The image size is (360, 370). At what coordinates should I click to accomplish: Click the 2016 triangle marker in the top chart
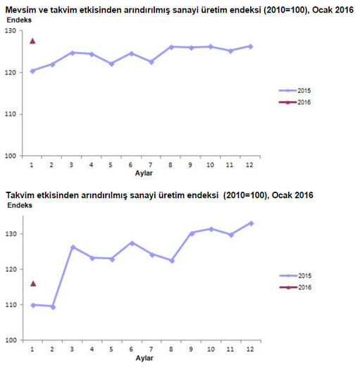point(32,41)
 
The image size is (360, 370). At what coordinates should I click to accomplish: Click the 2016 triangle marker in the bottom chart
point(33,283)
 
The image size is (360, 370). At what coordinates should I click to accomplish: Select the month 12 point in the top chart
point(251,47)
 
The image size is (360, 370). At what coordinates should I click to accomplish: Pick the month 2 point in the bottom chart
point(53,307)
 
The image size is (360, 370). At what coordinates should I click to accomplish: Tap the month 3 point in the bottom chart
point(73,247)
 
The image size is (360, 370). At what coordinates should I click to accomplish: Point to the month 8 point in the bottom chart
point(172,261)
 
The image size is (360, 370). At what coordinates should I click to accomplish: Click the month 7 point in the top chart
point(151,62)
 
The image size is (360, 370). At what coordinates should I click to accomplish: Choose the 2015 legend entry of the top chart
point(294,91)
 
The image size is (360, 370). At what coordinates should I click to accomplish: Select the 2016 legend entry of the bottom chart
point(295,288)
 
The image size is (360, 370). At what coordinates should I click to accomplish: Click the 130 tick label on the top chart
point(11,31)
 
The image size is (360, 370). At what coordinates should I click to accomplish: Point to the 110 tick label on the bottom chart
point(11,304)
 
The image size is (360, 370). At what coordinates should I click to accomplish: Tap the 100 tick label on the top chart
point(11,156)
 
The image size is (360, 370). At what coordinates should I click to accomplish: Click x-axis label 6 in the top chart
point(130,165)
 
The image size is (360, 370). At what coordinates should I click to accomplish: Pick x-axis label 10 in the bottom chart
point(211,349)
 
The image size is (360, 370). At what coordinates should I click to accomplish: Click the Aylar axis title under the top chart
point(144,173)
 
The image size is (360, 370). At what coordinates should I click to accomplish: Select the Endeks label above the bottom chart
point(20,205)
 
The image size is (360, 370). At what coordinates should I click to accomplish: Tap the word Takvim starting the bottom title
point(20,195)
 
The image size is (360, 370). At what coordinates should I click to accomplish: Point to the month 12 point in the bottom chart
point(252,223)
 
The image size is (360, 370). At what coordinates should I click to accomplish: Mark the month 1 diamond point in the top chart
point(32,70)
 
